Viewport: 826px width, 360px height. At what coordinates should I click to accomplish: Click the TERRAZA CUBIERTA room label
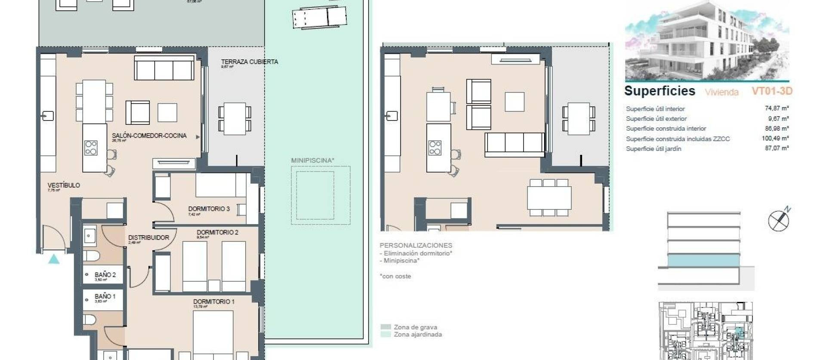pos(250,62)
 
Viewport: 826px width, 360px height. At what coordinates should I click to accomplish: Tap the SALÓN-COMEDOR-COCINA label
pos(149,136)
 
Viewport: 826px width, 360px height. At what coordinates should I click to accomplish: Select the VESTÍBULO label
pos(64,185)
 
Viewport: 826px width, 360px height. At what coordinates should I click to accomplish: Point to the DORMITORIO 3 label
pos(209,209)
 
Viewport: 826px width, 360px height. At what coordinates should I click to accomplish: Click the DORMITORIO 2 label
pos(217,232)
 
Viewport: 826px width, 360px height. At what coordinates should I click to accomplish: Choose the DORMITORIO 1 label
pos(214,302)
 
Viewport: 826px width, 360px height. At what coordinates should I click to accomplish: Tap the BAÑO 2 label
pos(105,275)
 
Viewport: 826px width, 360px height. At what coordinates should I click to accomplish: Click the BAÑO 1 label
pos(105,296)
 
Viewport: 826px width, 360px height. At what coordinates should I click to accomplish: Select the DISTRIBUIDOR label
pos(148,237)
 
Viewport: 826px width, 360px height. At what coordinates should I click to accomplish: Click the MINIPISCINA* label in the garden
pos(313,160)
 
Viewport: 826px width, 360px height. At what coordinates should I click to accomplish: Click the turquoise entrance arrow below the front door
pos(54,259)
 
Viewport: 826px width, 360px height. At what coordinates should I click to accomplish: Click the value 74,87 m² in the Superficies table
pos(777,109)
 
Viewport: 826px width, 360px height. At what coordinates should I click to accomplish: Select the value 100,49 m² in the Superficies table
pos(775,138)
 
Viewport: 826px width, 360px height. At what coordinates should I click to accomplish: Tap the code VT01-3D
pos(772,91)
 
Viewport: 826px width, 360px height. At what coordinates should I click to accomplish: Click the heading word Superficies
pos(660,91)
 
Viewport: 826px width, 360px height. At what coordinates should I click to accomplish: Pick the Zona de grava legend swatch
pos(386,327)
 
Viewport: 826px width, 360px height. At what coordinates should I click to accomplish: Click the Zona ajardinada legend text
pos(418,335)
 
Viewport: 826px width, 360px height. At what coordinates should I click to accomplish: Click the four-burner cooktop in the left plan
pos(91,148)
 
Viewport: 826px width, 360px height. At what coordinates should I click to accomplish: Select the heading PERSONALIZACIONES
pos(416,245)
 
